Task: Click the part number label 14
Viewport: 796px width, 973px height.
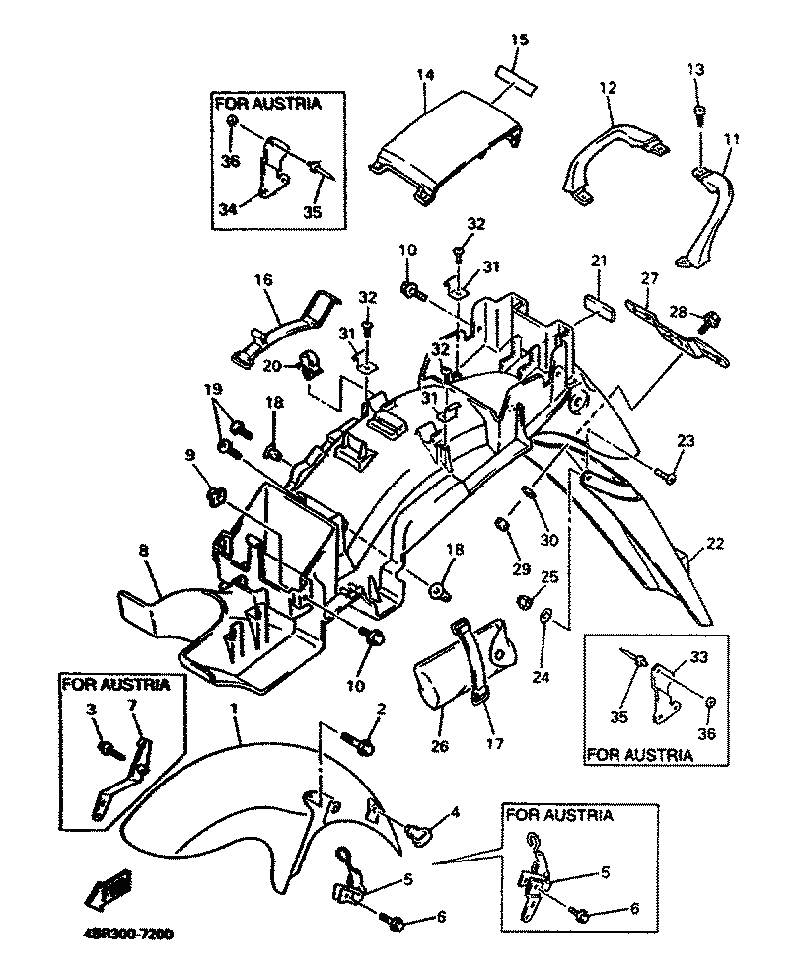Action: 425,75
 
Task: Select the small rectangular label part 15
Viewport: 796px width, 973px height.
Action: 516,79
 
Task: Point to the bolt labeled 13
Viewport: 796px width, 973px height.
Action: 700,115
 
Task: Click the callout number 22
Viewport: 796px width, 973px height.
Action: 715,543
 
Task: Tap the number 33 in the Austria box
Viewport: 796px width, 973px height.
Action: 698,657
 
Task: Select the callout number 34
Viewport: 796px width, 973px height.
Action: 228,210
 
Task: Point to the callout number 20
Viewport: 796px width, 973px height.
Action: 271,366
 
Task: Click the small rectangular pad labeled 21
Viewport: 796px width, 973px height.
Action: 600,307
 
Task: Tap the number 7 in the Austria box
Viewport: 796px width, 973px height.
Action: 131,705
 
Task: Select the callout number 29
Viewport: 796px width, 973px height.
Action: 521,569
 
